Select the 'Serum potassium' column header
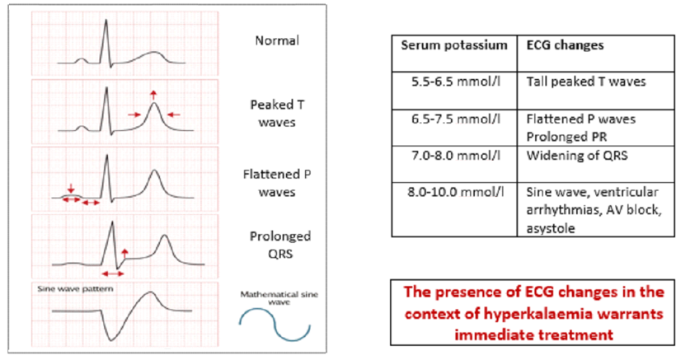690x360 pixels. (x=453, y=46)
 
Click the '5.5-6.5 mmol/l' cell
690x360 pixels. (x=453, y=82)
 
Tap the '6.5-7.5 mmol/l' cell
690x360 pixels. (x=453, y=119)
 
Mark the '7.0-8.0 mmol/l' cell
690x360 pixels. (x=453, y=155)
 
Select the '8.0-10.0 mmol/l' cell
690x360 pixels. (x=453, y=191)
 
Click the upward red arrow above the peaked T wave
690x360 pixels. (x=153, y=96)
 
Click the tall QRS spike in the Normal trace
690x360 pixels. (x=106, y=37)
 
